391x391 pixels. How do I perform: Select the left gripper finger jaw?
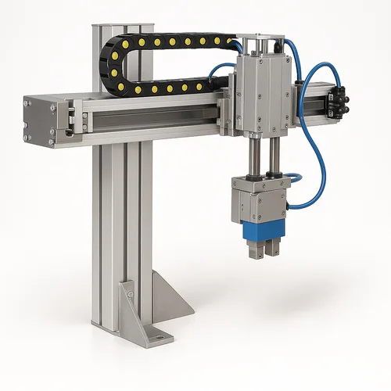(252, 249)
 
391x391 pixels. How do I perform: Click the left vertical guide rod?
(255, 156)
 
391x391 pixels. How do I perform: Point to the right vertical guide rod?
(274, 156)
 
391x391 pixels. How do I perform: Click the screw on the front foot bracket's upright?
(130, 295)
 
